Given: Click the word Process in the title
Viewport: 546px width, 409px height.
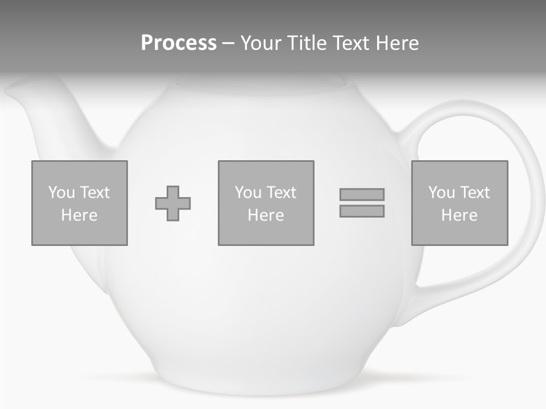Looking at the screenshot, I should coord(179,43).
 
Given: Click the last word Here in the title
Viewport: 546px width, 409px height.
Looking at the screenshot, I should coord(398,43).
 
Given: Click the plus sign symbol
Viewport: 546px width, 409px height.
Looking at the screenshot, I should coord(173,203).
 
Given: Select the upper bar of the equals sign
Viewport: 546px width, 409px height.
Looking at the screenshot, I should coord(362,194).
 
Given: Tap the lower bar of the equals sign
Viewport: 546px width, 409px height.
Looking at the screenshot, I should coord(362,211).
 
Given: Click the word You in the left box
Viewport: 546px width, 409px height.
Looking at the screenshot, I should coord(61,193).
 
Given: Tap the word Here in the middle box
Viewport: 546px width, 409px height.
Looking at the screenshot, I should coord(266,215).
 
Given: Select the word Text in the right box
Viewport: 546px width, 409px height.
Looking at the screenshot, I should coord(475,193).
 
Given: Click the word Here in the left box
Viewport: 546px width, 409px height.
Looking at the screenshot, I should coord(79,215).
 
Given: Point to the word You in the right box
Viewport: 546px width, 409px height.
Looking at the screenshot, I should coord(441,193).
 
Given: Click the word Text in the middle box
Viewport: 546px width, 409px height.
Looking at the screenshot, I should coord(282,193).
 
